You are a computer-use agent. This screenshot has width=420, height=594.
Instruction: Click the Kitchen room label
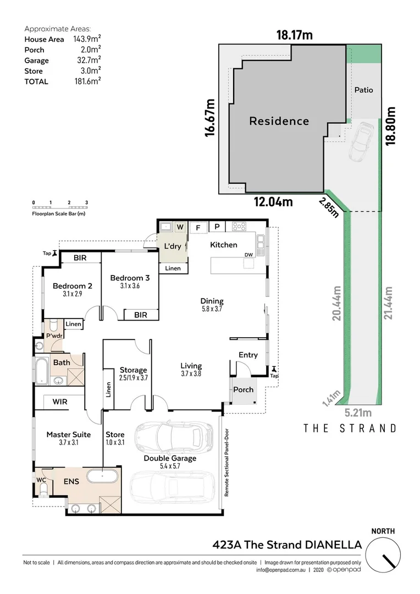[x=223, y=245]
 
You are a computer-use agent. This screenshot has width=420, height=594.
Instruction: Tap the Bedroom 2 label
[x=72, y=286]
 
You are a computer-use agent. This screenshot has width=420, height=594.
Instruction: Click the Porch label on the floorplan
[x=244, y=389]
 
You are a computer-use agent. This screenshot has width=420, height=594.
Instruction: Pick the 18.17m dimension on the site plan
[x=294, y=36]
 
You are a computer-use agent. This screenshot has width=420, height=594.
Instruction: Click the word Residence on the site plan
[x=279, y=121]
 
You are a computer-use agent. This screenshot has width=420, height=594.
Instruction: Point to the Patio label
[x=363, y=90]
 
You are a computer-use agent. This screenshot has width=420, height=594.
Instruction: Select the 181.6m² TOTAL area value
[x=87, y=81]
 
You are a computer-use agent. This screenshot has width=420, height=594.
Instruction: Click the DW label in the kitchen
[x=249, y=254]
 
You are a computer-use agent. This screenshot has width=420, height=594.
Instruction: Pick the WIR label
[x=60, y=402]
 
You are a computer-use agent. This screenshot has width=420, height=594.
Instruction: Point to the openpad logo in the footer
[x=345, y=570]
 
